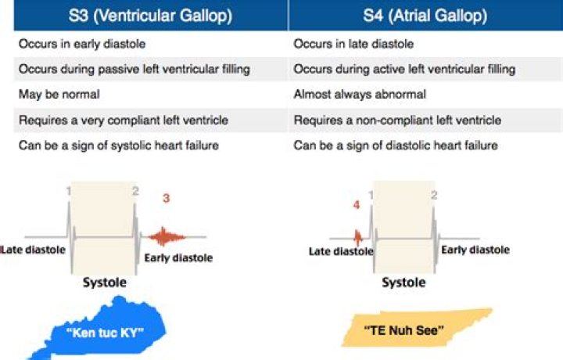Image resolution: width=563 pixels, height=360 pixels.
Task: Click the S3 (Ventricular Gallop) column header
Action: pos(150,16)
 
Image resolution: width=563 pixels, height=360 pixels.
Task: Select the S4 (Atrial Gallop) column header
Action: pos(425,16)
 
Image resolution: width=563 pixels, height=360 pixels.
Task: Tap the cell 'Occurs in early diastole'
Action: pos(82,44)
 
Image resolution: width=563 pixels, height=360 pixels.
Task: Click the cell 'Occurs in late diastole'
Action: pos(353,44)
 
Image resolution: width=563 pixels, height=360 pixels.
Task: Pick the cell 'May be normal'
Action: pos(59,94)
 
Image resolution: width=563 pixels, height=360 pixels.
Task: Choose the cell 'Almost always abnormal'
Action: pos(360,94)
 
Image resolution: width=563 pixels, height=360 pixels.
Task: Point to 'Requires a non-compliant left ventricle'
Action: pos(397,120)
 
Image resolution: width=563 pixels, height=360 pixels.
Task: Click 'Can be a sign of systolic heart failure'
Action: pos(119,145)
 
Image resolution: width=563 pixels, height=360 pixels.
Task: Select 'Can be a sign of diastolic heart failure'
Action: pos(396,145)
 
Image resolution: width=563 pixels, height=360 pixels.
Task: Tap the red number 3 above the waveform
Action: pos(166,198)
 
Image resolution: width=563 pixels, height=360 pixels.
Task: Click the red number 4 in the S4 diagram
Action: pos(357,205)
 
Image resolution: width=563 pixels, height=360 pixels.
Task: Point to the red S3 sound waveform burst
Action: pos(166,237)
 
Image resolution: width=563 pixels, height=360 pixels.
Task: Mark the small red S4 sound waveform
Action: pos(357,237)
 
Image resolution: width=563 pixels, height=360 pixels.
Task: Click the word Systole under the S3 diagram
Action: pos(105,283)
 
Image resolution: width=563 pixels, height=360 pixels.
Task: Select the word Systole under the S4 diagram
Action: pos(403,283)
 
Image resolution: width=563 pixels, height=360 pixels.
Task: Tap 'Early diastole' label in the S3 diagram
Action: pos(178,257)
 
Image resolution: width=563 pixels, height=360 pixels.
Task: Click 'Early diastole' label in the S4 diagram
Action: pos(475,250)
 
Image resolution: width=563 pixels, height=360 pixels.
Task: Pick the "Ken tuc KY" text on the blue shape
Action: pos(105,333)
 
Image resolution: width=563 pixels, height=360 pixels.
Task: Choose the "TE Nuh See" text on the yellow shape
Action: pos(404,329)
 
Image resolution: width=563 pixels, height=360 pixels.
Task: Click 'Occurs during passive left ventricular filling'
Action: pos(134,69)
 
